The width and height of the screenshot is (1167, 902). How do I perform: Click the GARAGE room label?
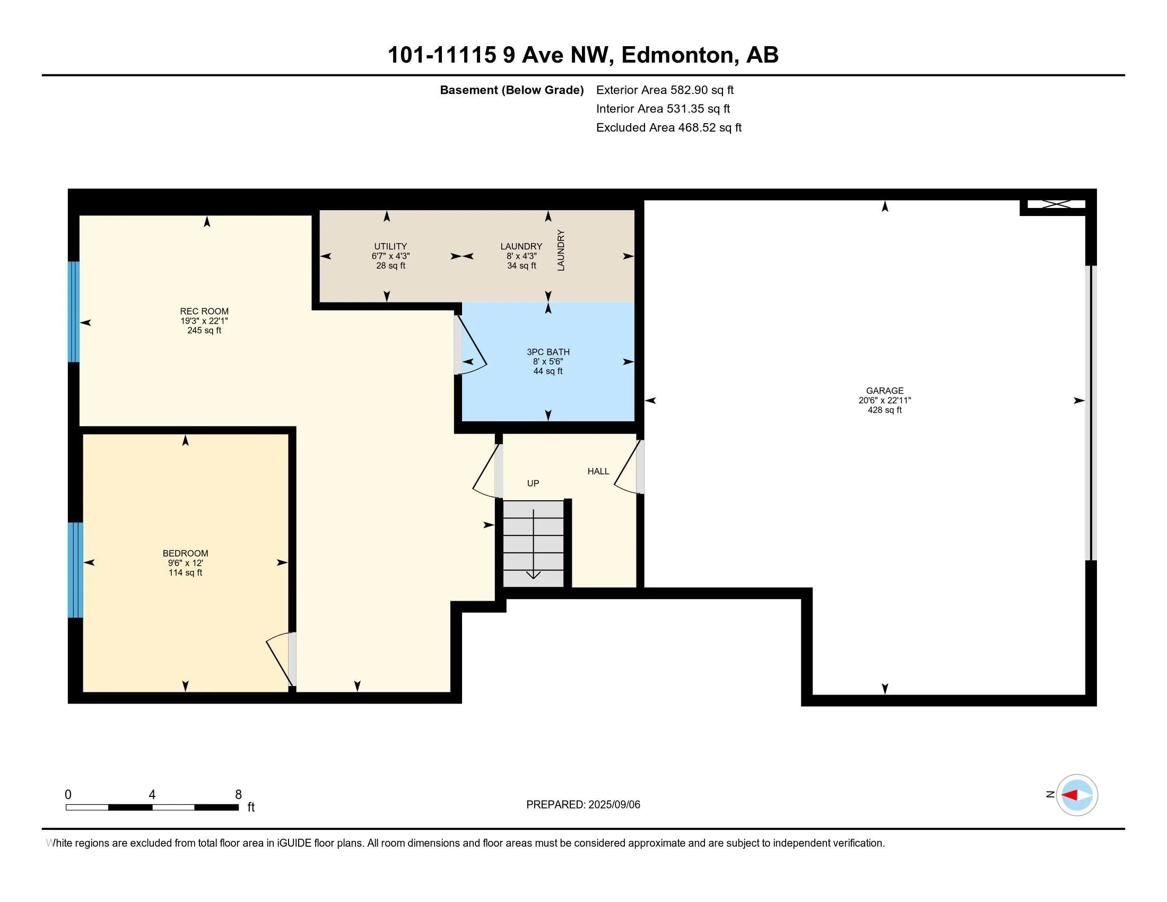coord(885,391)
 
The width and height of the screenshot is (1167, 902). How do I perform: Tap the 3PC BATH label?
coord(548,352)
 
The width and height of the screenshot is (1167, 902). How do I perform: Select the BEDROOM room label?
coord(186,553)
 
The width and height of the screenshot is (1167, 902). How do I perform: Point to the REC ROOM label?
coord(204,311)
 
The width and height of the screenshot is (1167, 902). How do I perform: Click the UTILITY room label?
coord(390,246)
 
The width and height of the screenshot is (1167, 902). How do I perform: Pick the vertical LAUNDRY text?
coord(561,250)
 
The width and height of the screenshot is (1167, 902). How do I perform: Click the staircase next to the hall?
coord(533,543)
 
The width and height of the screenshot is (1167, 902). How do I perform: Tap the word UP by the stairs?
coord(533,483)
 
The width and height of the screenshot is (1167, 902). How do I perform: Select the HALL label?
coord(598,471)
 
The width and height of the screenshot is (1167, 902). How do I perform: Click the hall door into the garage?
coord(629,467)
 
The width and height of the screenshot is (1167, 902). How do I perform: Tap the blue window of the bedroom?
coord(75,570)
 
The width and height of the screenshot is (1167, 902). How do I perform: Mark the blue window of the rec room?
coord(74,311)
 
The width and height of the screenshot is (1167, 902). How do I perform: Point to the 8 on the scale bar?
coord(238,795)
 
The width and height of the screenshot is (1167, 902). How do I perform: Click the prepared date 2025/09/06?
coord(614,805)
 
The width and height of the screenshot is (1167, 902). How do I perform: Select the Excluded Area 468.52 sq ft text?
coord(669,128)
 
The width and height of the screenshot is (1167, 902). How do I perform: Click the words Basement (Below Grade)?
coord(511,90)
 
